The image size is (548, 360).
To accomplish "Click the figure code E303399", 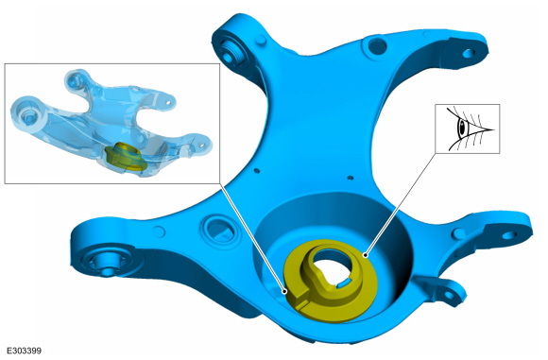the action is point(25,351).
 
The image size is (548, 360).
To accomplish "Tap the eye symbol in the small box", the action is point(469,129).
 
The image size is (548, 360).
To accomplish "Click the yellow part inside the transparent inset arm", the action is point(127,157).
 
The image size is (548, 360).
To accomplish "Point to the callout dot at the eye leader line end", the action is point(366,255).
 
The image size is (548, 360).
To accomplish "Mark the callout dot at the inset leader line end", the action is point(285,291).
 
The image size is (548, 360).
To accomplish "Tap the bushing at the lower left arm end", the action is point(106,262).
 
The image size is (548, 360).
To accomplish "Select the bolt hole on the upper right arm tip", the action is point(469,53).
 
